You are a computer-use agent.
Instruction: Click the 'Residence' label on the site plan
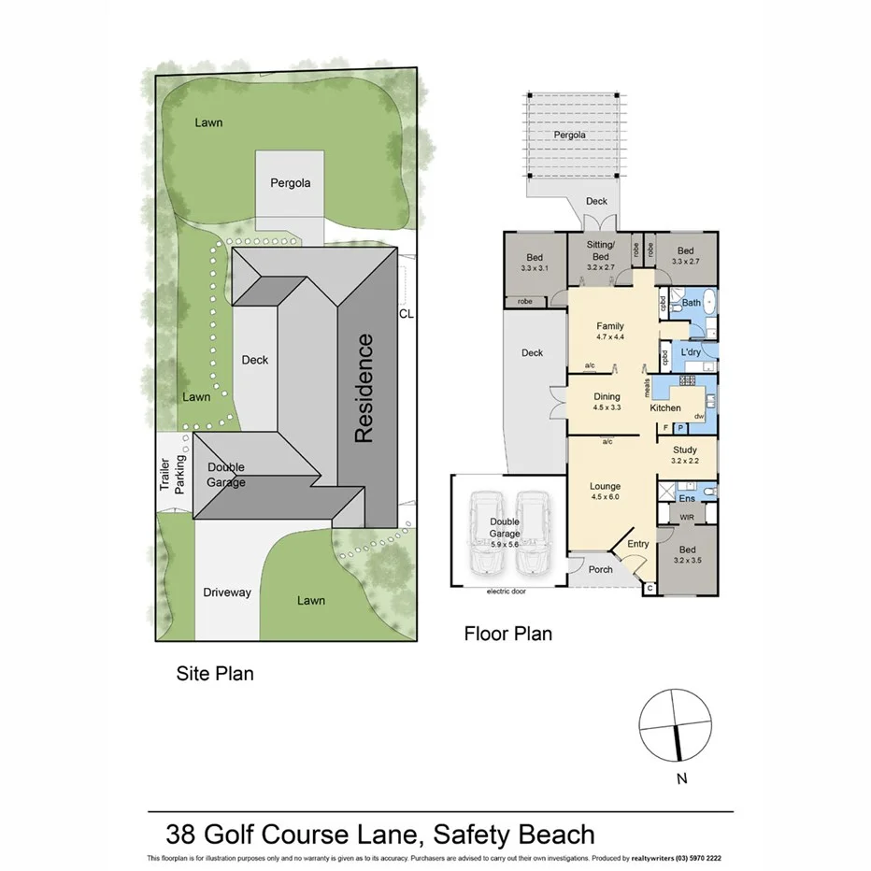(x=364, y=389)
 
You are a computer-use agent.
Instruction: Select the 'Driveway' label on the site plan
(x=227, y=593)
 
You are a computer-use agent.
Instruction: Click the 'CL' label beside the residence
(x=406, y=315)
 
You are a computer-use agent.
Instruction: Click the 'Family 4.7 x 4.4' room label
(x=610, y=332)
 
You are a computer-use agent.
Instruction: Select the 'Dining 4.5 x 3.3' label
(x=607, y=402)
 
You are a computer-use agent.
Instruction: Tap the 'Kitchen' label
(x=666, y=408)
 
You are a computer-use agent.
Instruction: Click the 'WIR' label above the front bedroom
(x=687, y=516)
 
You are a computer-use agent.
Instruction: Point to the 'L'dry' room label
(x=692, y=351)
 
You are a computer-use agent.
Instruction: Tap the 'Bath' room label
(x=692, y=303)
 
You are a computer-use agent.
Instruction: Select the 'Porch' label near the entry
(x=600, y=569)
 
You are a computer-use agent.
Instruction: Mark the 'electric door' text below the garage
(x=508, y=592)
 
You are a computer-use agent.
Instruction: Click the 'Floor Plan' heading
(x=508, y=634)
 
